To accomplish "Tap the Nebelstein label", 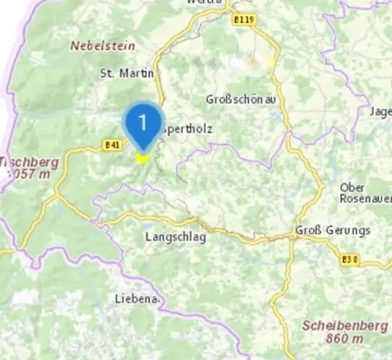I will pyautogui.click(x=102, y=45).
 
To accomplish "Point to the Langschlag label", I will pyautogui.click(x=176, y=236).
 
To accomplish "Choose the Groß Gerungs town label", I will pyautogui.click(x=333, y=230).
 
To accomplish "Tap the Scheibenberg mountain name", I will pyautogui.click(x=344, y=325).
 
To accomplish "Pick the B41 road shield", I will pyautogui.click(x=112, y=145).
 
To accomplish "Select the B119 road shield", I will pyautogui.click(x=244, y=20).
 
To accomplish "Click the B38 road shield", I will pyautogui.click(x=350, y=258).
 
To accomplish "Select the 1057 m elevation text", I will pyautogui.click(x=25, y=174).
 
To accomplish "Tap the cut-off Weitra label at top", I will pyautogui.click(x=203, y=3).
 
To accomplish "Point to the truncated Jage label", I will pyautogui.click(x=380, y=112).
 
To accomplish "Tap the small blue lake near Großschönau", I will pyautogui.click(x=275, y=114).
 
